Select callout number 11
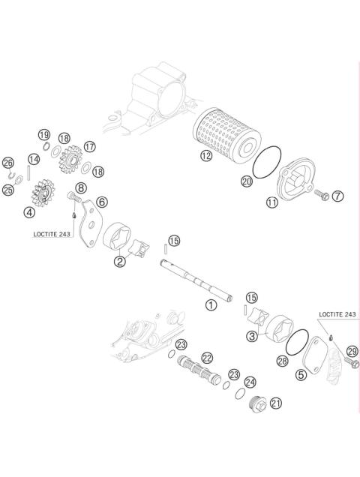pos(271,202)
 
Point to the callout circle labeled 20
pos(246,181)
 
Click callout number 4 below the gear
pos(29,212)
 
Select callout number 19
pos(44,134)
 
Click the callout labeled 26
pos(8,163)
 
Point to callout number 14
pos(34,159)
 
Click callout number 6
pos(101,201)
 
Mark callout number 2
pos(119,261)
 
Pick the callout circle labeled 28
pos(282,361)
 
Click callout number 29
pos(352,349)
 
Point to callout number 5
pos(301,374)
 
